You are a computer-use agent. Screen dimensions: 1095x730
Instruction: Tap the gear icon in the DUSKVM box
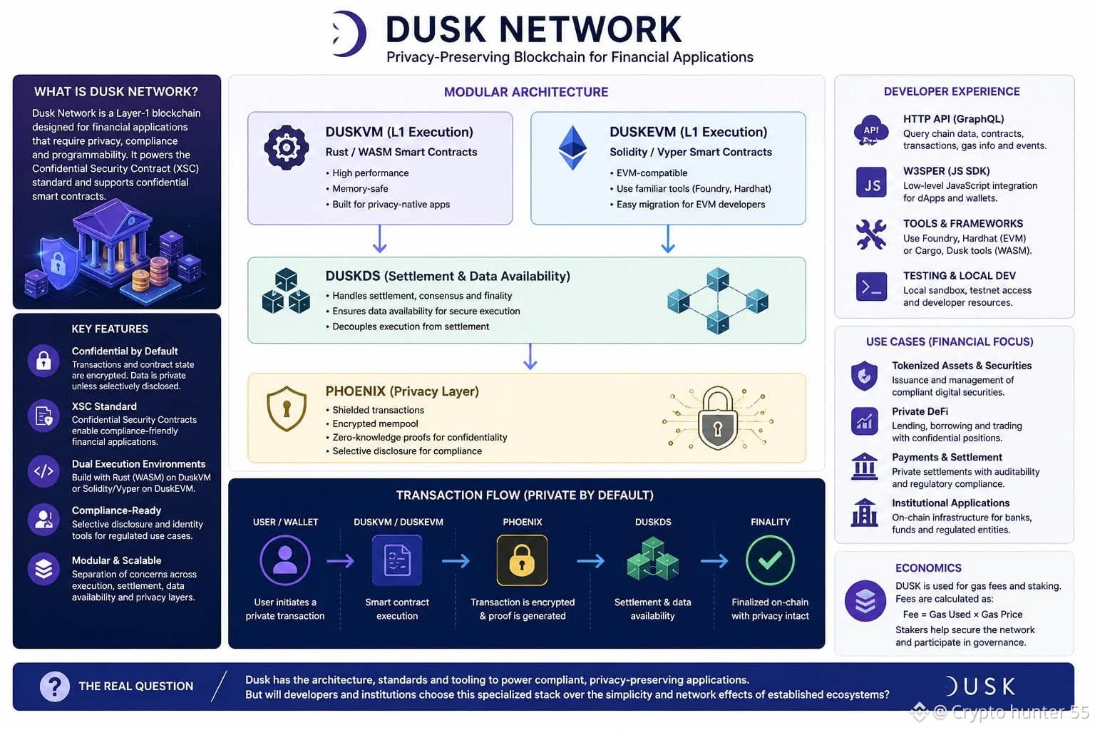287,147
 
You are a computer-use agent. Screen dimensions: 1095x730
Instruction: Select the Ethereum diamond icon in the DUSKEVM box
572,148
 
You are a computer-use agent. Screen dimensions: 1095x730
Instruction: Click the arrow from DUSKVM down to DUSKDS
380,239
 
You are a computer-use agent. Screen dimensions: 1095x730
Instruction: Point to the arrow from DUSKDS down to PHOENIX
530,356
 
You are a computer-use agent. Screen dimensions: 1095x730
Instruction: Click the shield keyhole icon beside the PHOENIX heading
287,408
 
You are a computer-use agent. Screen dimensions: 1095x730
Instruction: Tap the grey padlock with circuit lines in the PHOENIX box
718,418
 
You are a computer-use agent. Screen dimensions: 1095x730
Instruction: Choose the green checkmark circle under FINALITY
770,560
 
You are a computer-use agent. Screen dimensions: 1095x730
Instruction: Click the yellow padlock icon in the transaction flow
522,560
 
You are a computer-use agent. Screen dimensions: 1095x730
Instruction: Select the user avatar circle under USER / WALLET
285,560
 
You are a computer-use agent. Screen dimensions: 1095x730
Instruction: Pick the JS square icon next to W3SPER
871,182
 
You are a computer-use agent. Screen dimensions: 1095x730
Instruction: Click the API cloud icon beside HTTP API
870,130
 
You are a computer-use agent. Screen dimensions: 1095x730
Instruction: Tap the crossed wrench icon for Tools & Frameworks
871,235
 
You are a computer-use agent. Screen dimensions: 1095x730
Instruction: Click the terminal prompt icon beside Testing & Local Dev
871,287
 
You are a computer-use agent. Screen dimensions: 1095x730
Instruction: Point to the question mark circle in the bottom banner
55,687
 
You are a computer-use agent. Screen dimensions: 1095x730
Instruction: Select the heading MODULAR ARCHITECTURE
526,92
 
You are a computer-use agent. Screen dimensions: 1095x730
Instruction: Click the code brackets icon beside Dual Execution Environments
43,471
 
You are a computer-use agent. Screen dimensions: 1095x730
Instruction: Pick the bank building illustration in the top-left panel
113,242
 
